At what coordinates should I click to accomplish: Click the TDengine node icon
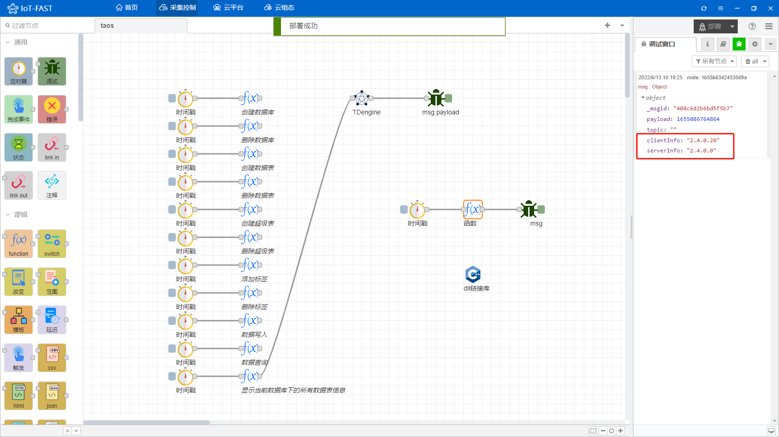click(x=362, y=98)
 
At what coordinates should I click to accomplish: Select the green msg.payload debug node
click(x=436, y=98)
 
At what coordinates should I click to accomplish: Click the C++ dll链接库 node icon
click(x=473, y=275)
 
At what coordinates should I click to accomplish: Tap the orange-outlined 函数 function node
click(x=473, y=209)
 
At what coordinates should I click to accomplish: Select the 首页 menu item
click(x=127, y=8)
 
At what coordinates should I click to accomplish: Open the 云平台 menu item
click(x=228, y=8)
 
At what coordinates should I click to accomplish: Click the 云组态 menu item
click(x=279, y=8)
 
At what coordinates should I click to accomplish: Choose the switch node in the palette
click(x=52, y=244)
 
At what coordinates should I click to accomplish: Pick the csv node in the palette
click(x=52, y=358)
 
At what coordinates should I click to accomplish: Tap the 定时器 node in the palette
click(x=19, y=71)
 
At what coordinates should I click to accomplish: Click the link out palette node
click(x=19, y=185)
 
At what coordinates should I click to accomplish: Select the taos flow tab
click(x=107, y=25)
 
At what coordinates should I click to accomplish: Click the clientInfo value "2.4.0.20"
click(x=703, y=140)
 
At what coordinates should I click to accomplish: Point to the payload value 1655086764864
click(x=698, y=119)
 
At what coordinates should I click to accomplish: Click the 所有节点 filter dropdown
click(x=714, y=61)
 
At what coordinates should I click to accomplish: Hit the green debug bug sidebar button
click(x=739, y=44)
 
